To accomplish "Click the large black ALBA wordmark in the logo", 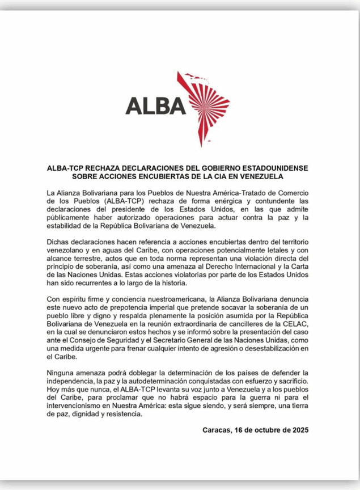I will point(155,105).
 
